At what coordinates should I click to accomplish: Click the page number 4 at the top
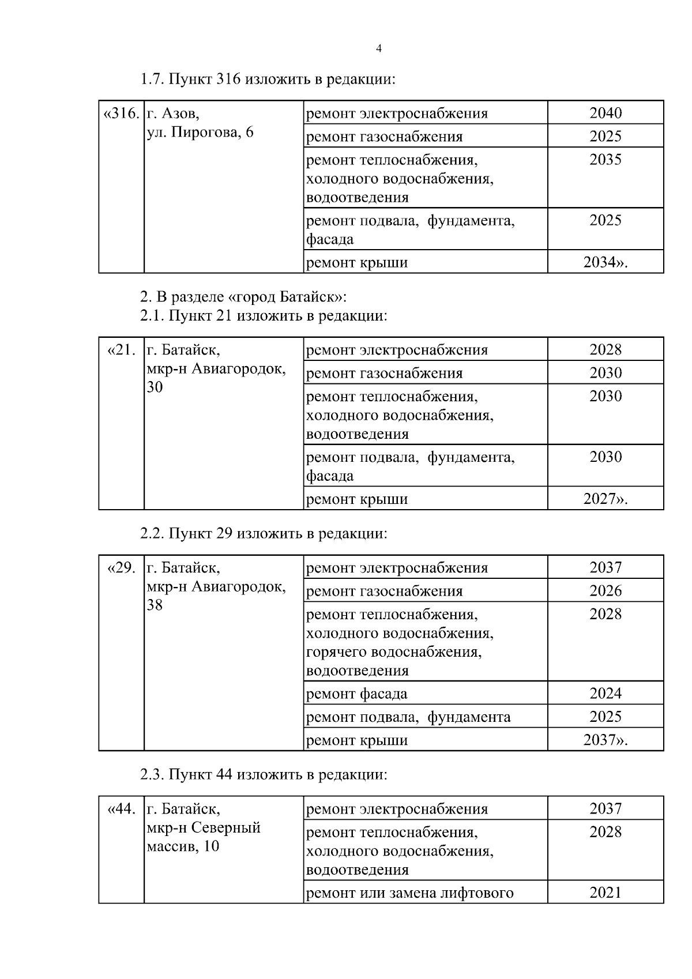(378, 49)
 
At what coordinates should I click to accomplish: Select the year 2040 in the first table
(605, 113)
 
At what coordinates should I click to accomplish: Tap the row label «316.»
(121, 113)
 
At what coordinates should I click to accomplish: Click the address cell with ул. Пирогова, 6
(200, 133)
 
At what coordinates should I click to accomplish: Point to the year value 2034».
(605, 263)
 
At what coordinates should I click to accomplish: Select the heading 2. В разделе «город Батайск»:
(243, 297)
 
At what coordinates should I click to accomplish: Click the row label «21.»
(122, 350)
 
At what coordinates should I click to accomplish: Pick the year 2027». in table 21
(605, 499)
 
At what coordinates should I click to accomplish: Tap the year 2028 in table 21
(605, 350)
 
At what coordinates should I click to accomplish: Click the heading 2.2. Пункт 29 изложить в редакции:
(264, 533)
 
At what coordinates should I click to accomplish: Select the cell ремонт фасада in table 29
(356, 694)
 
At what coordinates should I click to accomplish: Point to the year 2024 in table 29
(605, 694)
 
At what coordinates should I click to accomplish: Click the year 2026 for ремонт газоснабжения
(605, 591)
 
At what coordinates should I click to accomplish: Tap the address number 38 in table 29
(155, 605)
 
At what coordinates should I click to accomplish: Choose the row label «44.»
(122, 809)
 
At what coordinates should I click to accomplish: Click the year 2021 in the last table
(605, 893)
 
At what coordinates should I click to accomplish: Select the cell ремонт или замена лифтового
(409, 894)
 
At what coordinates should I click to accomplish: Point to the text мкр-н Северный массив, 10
(203, 837)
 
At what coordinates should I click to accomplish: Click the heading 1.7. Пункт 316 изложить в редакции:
(268, 79)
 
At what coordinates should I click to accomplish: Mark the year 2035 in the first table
(605, 160)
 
